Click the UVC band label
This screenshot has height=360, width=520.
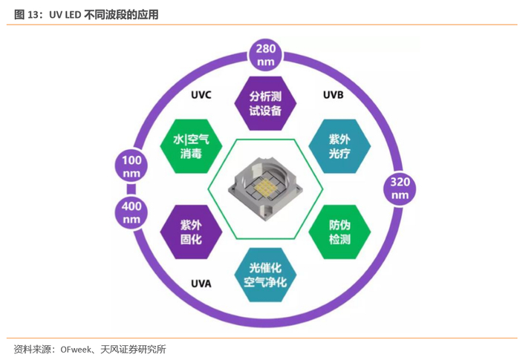(201, 95)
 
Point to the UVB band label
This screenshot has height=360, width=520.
(333, 95)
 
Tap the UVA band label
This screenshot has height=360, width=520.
(201, 284)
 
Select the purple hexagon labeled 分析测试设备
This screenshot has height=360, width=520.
(266, 103)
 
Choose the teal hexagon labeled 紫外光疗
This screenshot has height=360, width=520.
(339, 145)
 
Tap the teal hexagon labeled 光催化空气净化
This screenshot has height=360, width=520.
(265, 274)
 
